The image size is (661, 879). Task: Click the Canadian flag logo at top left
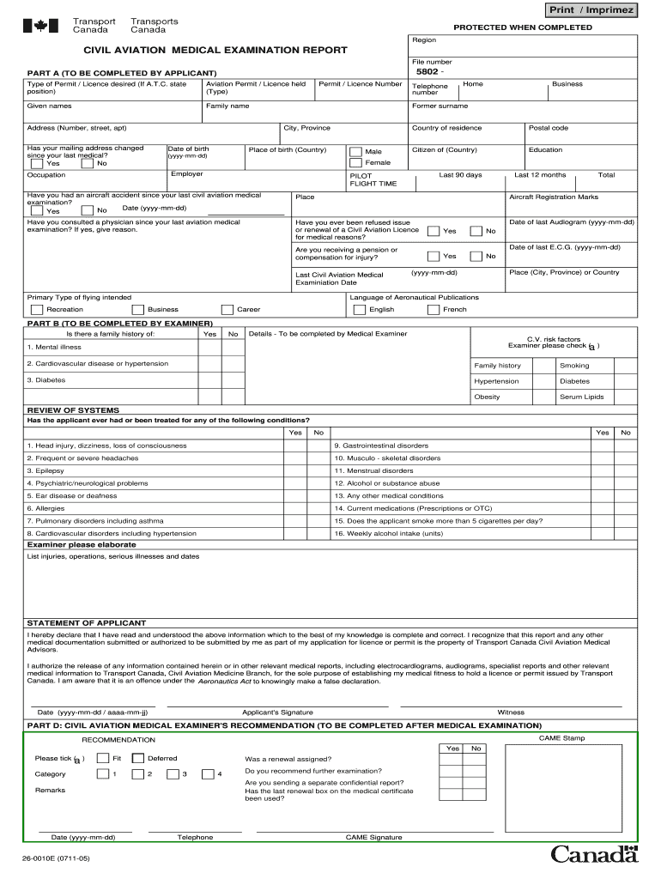pyautogui.click(x=39, y=26)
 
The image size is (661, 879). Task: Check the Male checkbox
pyautogui.click(x=355, y=152)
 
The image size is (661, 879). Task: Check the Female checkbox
pyautogui.click(x=355, y=163)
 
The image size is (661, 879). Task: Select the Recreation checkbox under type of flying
pyautogui.click(x=36, y=309)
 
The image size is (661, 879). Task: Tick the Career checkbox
pyautogui.click(x=227, y=309)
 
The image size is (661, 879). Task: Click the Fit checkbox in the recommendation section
pyautogui.click(x=103, y=758)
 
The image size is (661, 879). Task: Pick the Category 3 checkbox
pyautogui.click(x=173, y=774)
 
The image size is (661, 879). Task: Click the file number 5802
pyautogui.click(x=428, y=72)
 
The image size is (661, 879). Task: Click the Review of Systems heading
pyautogui.click(x=73, y=410)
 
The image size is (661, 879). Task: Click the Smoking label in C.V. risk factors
pyautogui.click(x=574, y=365)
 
